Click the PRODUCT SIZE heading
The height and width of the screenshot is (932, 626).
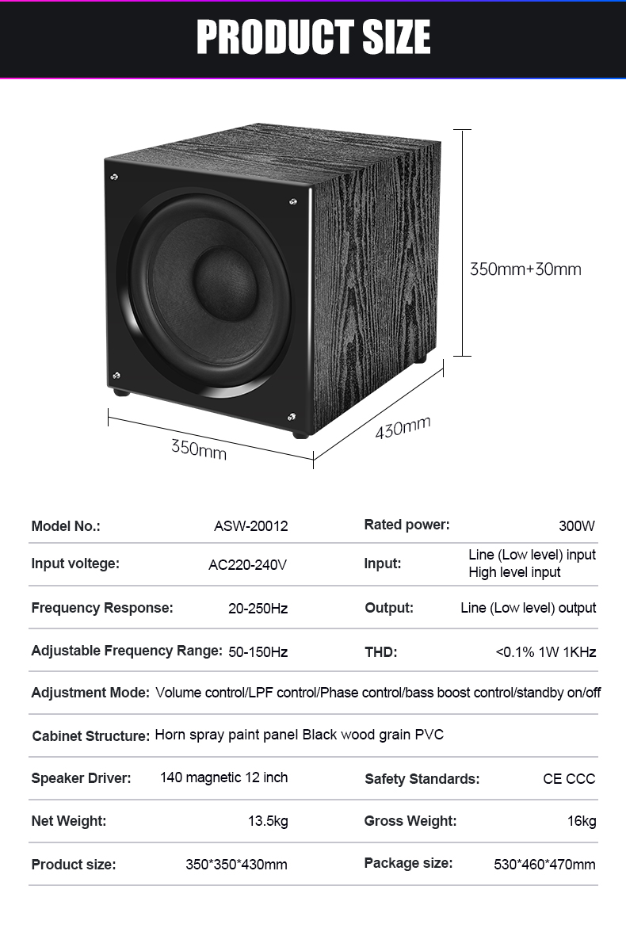tap(313, 36)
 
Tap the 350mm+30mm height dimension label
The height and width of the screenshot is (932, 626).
tap(525, 269)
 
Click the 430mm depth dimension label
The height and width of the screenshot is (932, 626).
tap(403, 427)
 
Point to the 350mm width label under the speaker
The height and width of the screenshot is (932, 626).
tap(199, 449)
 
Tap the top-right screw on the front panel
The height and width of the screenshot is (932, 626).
tap(293, 202)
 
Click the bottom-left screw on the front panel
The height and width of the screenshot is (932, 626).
tap(116, 375)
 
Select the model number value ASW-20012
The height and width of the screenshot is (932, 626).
tap(251, 526)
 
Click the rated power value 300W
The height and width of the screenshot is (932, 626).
tap(577, 526)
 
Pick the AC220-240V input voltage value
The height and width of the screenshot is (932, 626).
tap(247, 564)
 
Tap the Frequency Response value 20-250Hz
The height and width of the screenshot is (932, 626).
tap(258, 608)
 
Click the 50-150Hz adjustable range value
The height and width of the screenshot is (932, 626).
tap(258, 652)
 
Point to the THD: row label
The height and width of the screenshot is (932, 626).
tap(381, 652)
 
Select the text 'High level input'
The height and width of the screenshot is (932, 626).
tap(514, 572)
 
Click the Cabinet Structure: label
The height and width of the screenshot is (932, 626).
tap(91, 735)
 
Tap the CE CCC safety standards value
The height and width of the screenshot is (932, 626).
tap(569, 778)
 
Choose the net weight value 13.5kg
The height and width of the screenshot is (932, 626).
tap(268, 821)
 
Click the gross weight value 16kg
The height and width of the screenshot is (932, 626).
tap(582, 821)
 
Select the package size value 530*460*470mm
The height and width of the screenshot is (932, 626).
tap(544, 864)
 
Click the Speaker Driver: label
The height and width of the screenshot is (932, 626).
tap(81, 778)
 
